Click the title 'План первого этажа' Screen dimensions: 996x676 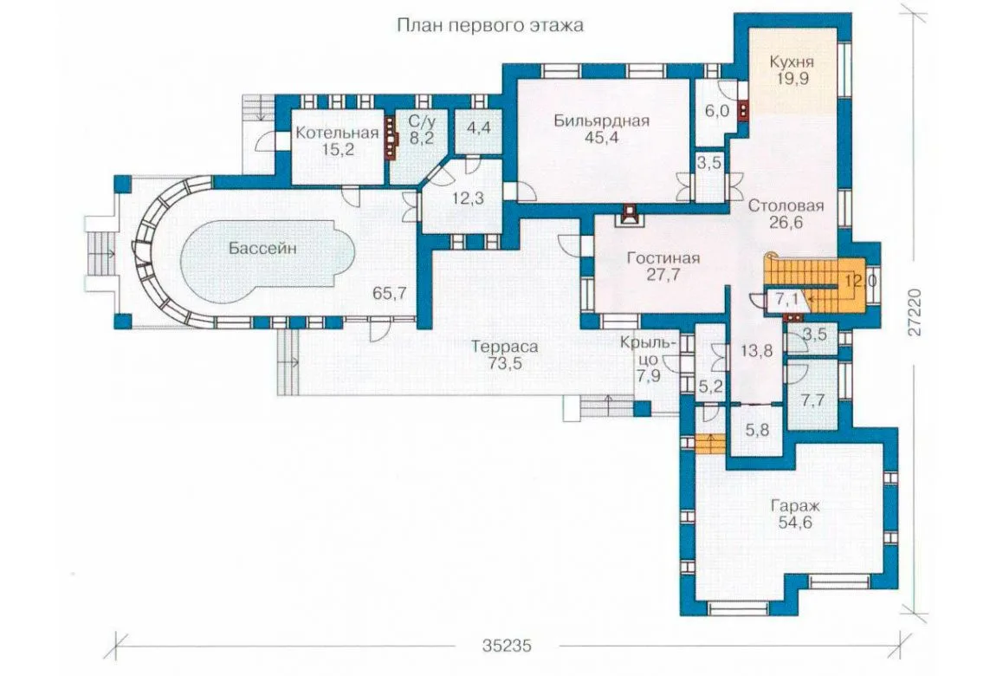pos(489,26)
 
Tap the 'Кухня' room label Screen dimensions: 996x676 pos(792,62)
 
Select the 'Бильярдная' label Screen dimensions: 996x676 pos(602,120)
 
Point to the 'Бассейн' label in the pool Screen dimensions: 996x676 pos(262,249)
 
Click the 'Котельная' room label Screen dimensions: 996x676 pos(337,133)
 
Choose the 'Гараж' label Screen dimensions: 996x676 pos(795,506)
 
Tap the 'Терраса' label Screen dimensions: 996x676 pos(504,347)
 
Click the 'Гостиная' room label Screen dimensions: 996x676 pos(663,258)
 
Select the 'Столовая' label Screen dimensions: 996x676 pos(786,206)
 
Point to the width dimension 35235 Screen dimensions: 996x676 pos(507,647)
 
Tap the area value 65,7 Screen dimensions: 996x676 pos(390,294)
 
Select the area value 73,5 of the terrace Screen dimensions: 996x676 pos(504,364)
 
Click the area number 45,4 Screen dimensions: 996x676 pos(602,138)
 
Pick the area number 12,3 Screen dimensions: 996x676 pos(469,198)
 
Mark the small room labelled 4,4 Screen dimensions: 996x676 pos(478,127)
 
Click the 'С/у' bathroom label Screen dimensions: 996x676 pos(421,120)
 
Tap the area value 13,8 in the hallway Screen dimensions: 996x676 pos(757,350)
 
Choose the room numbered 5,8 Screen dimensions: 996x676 pos(757,430)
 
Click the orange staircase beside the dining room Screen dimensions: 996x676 pos(816,284)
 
